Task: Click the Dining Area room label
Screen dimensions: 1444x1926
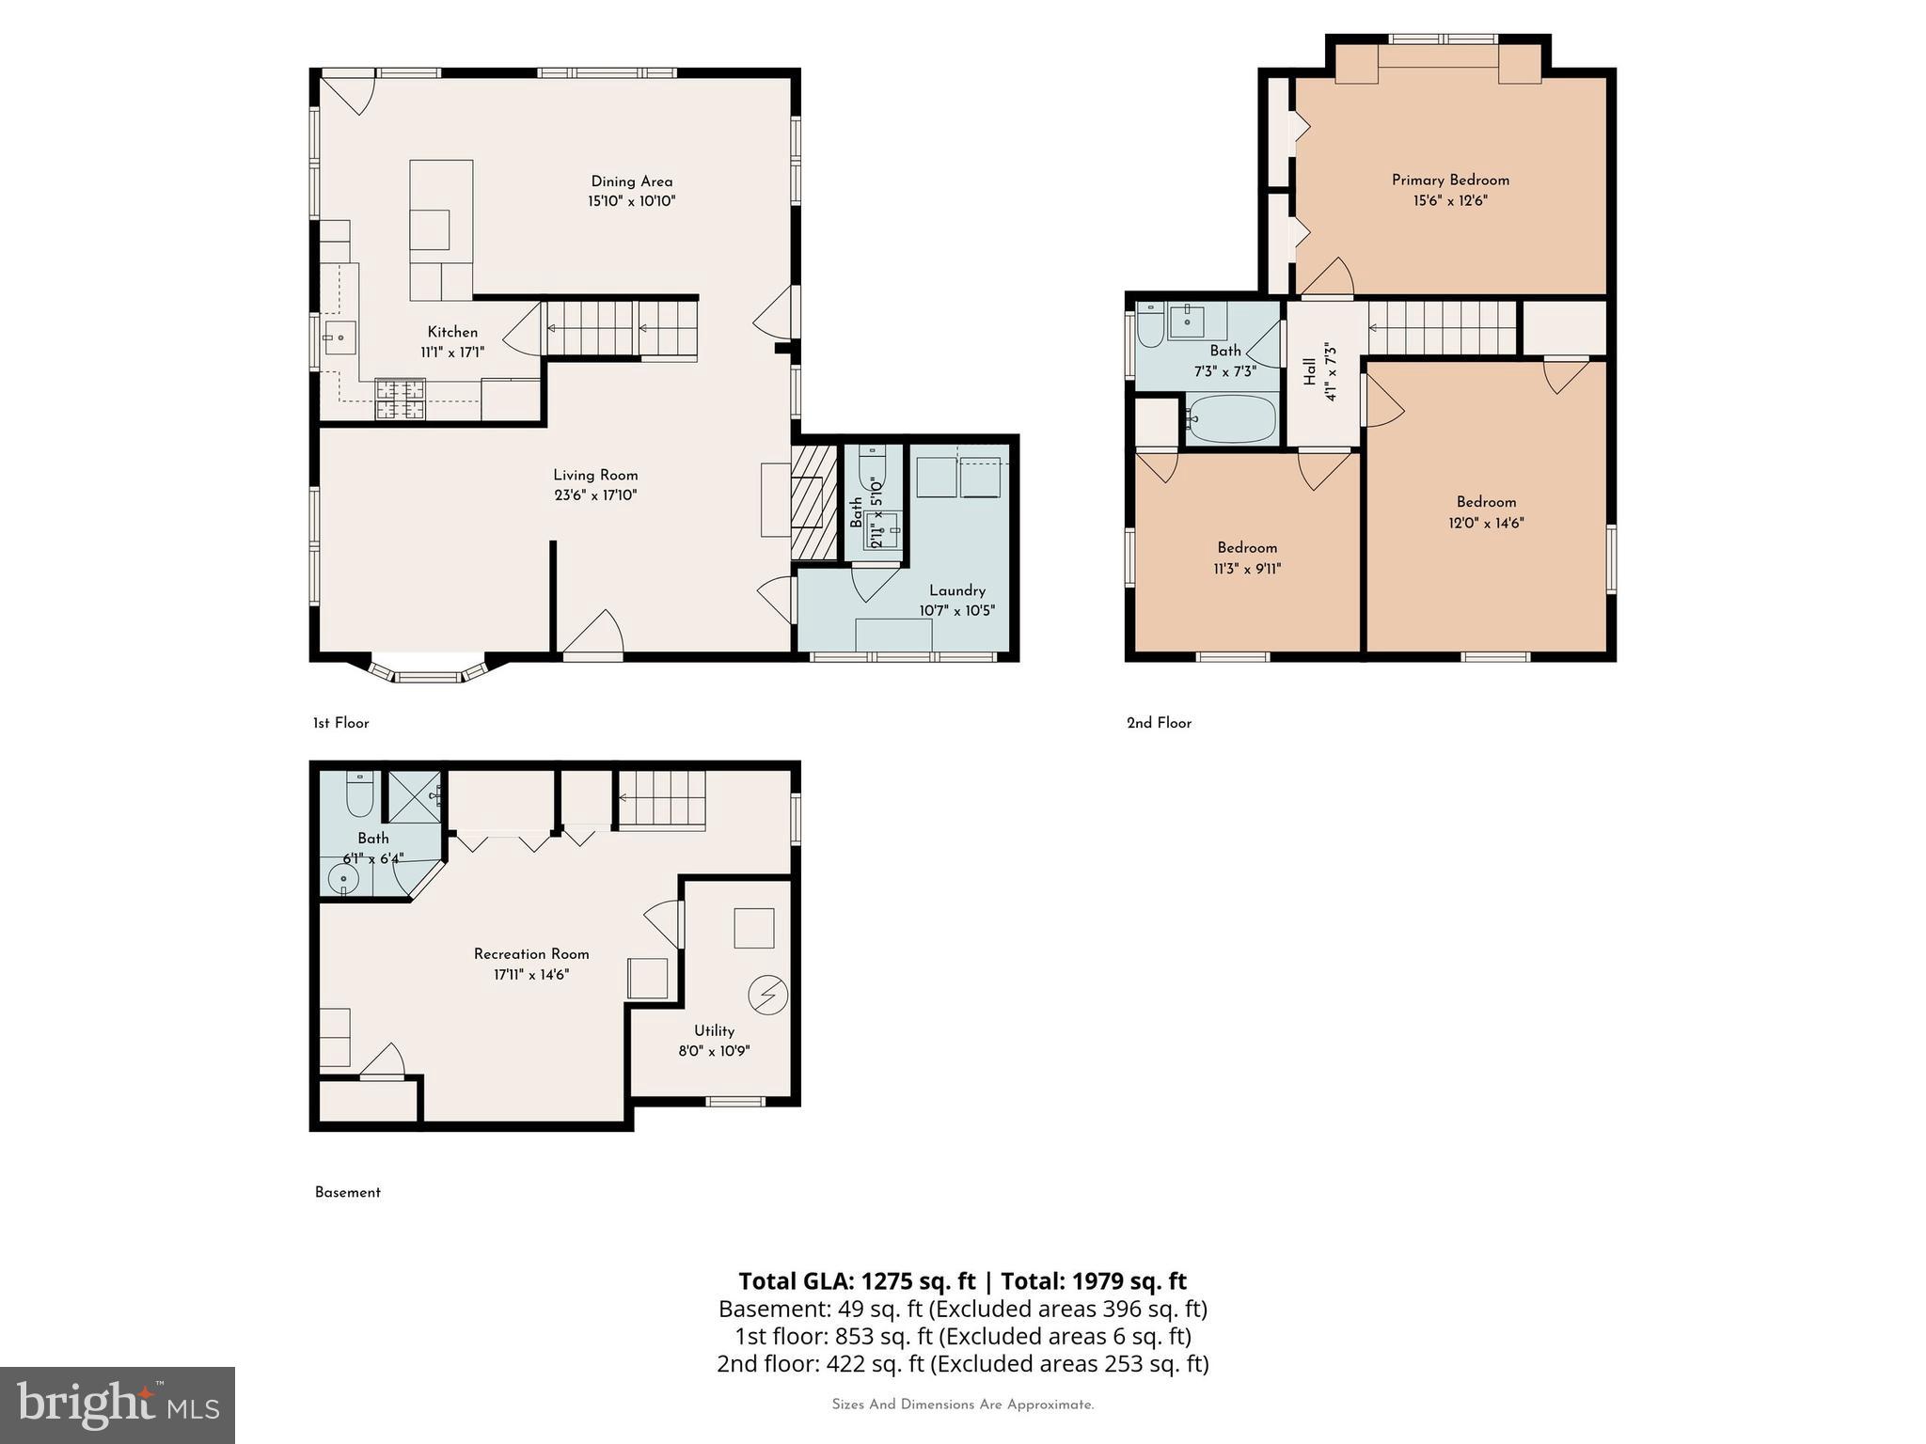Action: pos(631,181)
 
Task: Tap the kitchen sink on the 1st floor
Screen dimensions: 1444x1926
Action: pos(339,337)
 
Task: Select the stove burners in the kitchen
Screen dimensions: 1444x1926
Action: pos(401,399)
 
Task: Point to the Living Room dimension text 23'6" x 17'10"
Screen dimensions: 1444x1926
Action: pos(595,495)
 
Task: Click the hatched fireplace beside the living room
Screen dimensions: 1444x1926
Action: pos(813,503)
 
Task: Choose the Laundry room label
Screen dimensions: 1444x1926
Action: pos(956,590)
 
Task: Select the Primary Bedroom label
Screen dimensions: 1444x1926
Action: pos(1450,180)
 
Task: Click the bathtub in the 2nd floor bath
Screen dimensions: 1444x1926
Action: pos(1231,418)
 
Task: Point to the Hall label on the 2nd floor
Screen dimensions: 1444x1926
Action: pos(1310,371)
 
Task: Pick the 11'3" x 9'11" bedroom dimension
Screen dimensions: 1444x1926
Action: pos(1247,569)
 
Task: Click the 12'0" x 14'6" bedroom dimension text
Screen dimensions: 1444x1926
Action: pos(1486,523)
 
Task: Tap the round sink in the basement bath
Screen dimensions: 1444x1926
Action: pos(343,880)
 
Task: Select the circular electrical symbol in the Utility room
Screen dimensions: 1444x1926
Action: pos(767,995)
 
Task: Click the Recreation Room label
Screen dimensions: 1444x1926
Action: pos(531,953)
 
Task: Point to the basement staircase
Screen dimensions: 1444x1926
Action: pos(661,800)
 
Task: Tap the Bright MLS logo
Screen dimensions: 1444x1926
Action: pos(118,1405)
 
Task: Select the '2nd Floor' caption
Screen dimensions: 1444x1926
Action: pos(1159,723)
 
